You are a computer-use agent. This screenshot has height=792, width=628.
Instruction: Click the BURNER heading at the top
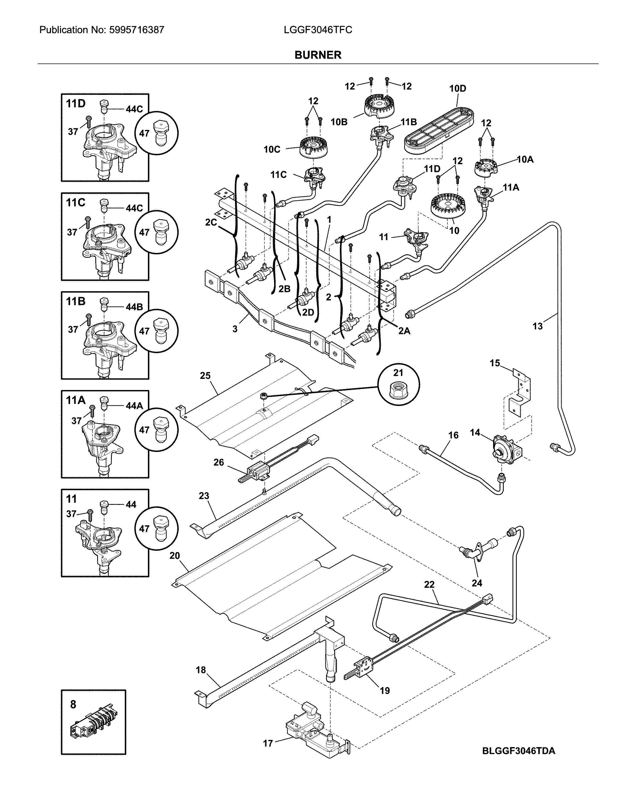tap(318, 55)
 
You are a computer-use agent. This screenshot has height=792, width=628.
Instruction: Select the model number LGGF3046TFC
tap(318, 30)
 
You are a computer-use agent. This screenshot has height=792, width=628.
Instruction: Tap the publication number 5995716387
tap(136, 30)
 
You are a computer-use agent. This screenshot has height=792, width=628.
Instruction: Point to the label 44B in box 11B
tap(134, 307)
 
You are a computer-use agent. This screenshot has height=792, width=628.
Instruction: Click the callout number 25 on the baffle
tap(205, 375)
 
